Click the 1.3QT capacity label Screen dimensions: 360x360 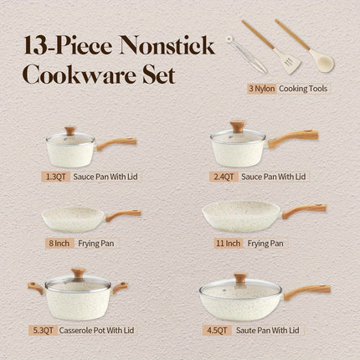point(54,177)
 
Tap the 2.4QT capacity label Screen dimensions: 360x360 point(221,177)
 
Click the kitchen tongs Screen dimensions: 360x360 point(242,52)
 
